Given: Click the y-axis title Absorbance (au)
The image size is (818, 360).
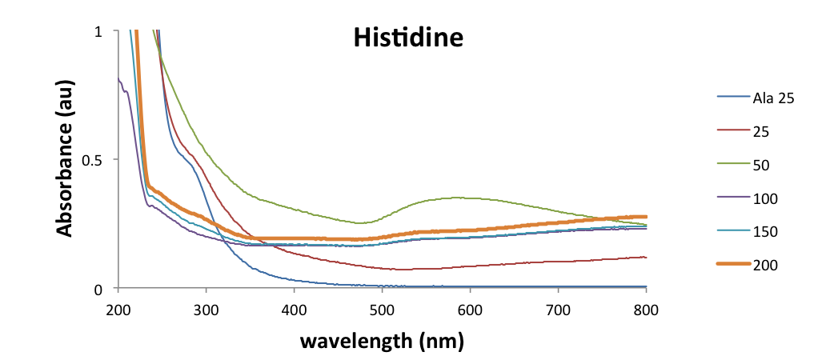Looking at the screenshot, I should coord(66,159).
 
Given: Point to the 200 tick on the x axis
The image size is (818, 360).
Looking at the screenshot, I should coord(118,310).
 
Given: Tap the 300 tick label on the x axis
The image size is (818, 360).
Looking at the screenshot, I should coord(206,310).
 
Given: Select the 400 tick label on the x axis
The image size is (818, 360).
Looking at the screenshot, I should coord(294,310).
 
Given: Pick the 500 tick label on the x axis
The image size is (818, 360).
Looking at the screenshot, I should coord(382,310).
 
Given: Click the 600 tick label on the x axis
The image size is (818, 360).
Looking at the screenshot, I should coord(470,310).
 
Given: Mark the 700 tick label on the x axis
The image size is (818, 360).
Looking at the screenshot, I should coord(558,310).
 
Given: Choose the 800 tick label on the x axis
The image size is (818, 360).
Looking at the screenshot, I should coord(646,310).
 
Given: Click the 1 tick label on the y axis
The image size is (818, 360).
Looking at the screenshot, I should coord(98,31).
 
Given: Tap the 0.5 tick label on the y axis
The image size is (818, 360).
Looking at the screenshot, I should coord(93,159).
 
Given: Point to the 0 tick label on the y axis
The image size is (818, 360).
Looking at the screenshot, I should coord(98,288).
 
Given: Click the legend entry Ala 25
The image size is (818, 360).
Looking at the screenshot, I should coord(772,98).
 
